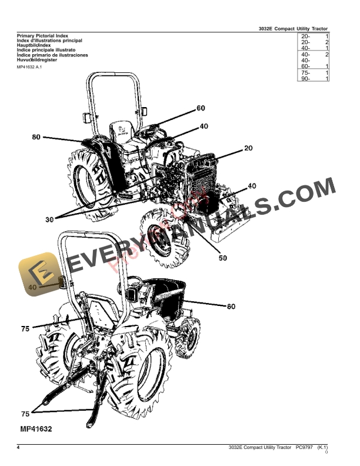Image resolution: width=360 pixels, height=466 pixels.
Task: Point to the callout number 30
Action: point(49,219)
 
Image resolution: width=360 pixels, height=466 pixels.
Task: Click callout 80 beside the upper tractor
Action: point(36,137)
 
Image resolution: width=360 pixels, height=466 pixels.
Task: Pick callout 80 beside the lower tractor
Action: point(231,306)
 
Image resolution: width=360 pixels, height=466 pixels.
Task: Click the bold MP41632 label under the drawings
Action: point(35,429)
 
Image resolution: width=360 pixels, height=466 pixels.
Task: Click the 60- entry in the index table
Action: point(305,66)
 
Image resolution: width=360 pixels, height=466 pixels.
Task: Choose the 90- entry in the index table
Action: point(305,78)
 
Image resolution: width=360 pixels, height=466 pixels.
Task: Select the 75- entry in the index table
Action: point(305,72)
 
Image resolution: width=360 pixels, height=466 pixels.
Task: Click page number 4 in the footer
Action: point(19,448)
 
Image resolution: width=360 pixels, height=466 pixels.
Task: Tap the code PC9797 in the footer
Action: point(305,448)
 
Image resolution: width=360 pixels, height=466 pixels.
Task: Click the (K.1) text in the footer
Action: point(322,448)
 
